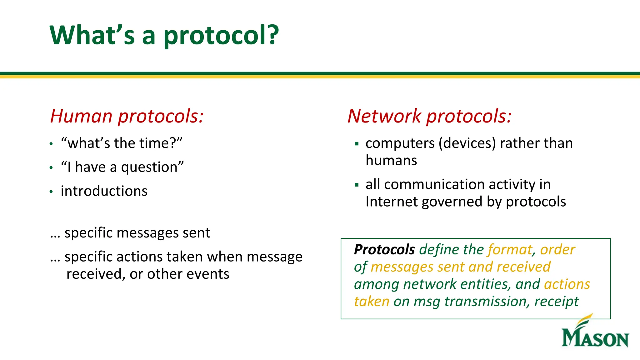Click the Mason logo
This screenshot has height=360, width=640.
pyautogui.click(x=595, y=333)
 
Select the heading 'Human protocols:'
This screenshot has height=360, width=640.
pyautogui.click(x=127, y=116)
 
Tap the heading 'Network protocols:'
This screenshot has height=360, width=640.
pyautogui.click(x=429, y=116)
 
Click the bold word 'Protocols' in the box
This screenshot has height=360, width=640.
pyautogui.click(x=384, y=250)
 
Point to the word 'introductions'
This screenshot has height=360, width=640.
pyautogui.click(x=104, y=191)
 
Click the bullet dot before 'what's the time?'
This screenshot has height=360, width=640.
pyautogui.click(x=51, y=144)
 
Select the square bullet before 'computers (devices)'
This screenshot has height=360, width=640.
pyautogui.click(x=357, y=144)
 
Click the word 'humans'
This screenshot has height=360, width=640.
pyautogui.click(x=391, y=161)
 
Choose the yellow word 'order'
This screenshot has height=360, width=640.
pyautogui.click(x=557, y=250)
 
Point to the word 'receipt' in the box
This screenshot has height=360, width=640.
pyautogui.click(x=556, y=302)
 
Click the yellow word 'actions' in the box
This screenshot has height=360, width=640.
pyautogui.click(x=567, y=284)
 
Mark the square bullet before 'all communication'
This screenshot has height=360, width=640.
pyautogui.click(x=357, y=185)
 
